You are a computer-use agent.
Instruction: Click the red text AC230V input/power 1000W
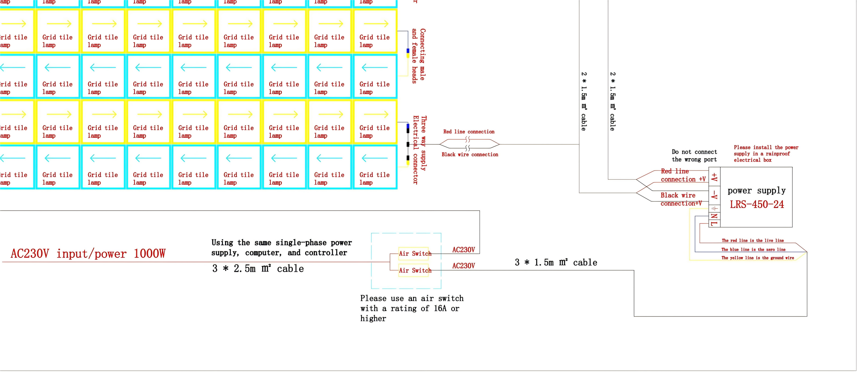[88, 254]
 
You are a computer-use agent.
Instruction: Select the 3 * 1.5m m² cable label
[556, 262]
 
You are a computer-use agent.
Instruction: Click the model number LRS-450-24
[757, 204]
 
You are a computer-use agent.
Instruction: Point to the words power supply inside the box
[757, 191]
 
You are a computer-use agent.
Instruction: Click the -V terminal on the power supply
[714, 195]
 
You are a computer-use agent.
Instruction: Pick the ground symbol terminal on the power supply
[714, 208]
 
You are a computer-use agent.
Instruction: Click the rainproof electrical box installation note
[766, 153]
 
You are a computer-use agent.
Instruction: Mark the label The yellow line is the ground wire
[757, 258]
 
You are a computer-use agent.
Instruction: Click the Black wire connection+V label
[681, 199]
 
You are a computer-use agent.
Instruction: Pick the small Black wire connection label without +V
[470, 155]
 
